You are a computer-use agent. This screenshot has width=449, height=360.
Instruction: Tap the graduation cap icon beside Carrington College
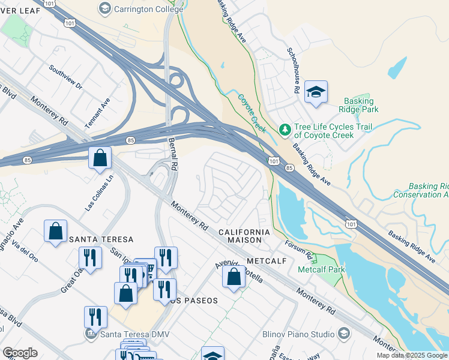click(105, 8)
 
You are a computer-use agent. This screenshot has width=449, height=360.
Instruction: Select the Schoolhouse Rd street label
click(293, 70)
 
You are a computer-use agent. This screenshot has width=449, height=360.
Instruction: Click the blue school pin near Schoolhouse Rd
click(316, 92)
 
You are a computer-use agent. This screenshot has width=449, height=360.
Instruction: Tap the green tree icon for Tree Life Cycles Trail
click(285, 128)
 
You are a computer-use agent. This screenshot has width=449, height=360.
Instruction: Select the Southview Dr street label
click(66, 77)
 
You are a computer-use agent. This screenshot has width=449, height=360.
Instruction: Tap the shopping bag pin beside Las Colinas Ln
click(100, 159)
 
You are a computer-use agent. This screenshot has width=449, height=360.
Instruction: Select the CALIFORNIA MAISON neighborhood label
click(244, 235)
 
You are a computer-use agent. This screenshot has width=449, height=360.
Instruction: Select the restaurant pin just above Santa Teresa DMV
click(95, 317)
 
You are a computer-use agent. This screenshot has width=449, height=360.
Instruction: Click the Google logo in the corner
click(20, 353)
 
